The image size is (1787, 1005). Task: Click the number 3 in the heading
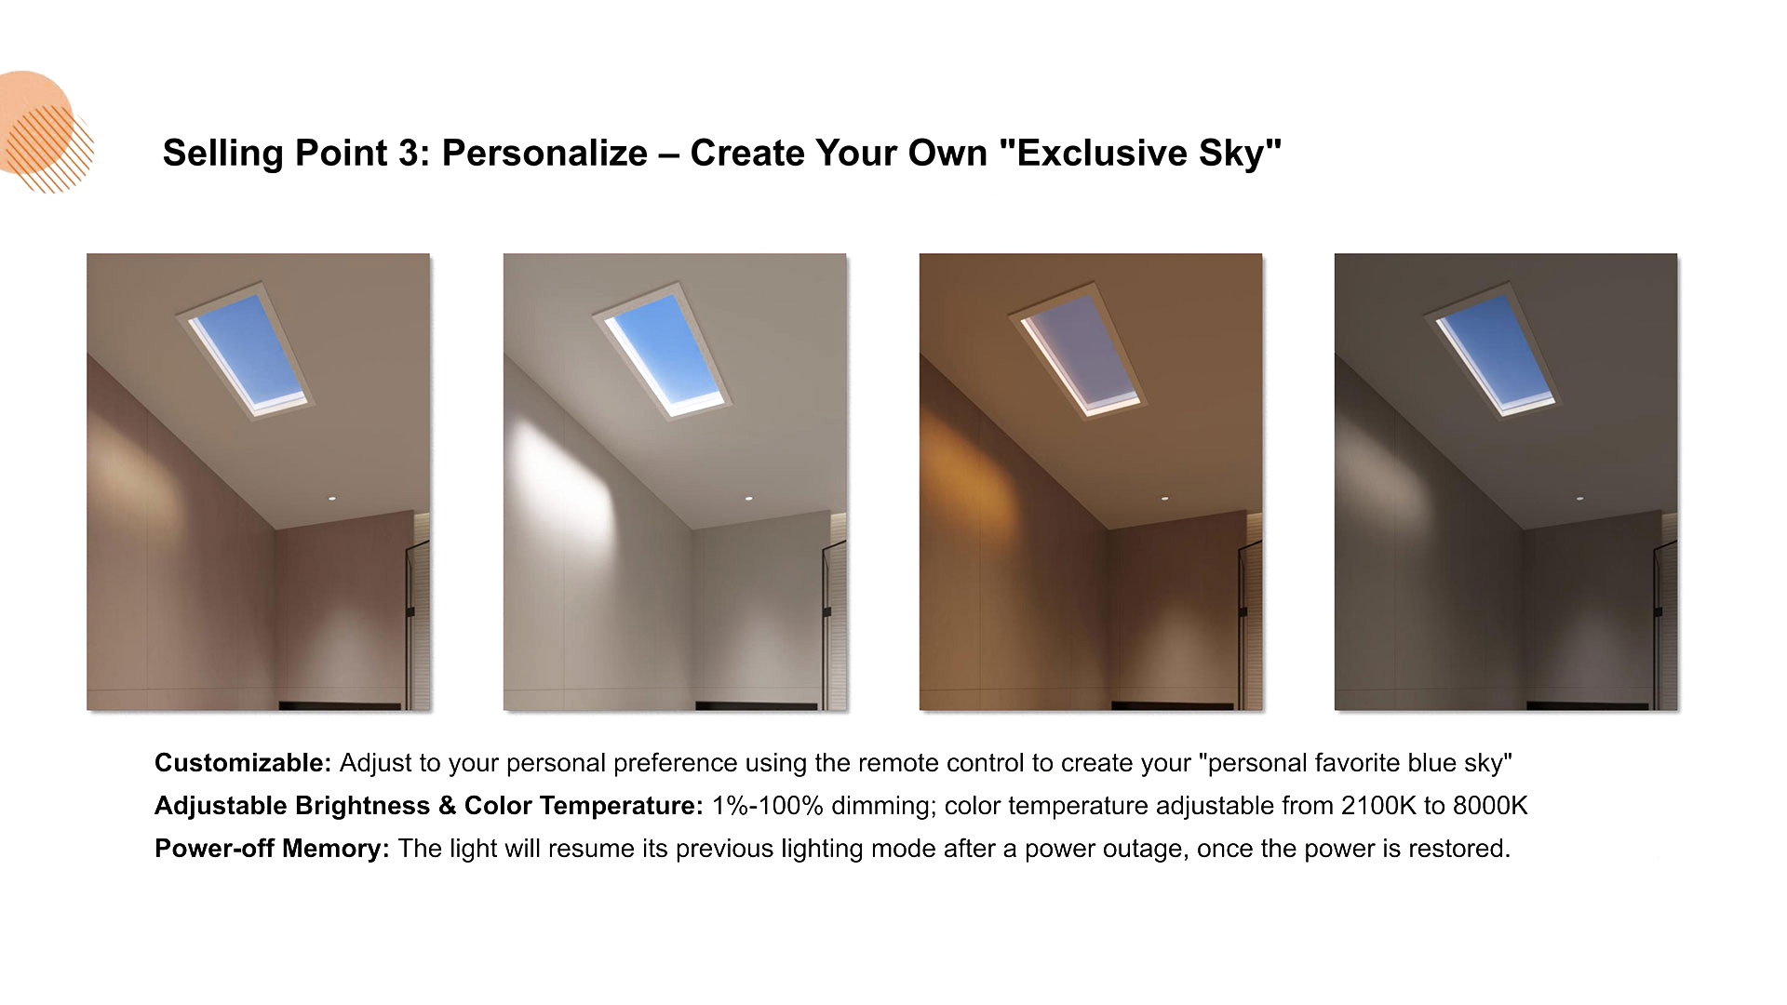pos(410,154)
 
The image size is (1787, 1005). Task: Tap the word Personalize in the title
pos(544,154)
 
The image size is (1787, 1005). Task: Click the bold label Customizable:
pos(243,763)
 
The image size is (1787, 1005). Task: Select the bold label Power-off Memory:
pos(272,849)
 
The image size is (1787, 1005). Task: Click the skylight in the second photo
pos(664,352)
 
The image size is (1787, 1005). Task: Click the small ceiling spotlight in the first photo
pos(331,499)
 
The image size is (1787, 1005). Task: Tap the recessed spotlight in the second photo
pos(747,499)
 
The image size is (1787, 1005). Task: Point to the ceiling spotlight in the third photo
pos(1164,499)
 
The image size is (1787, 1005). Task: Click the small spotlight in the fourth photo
pos(1579,499)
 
